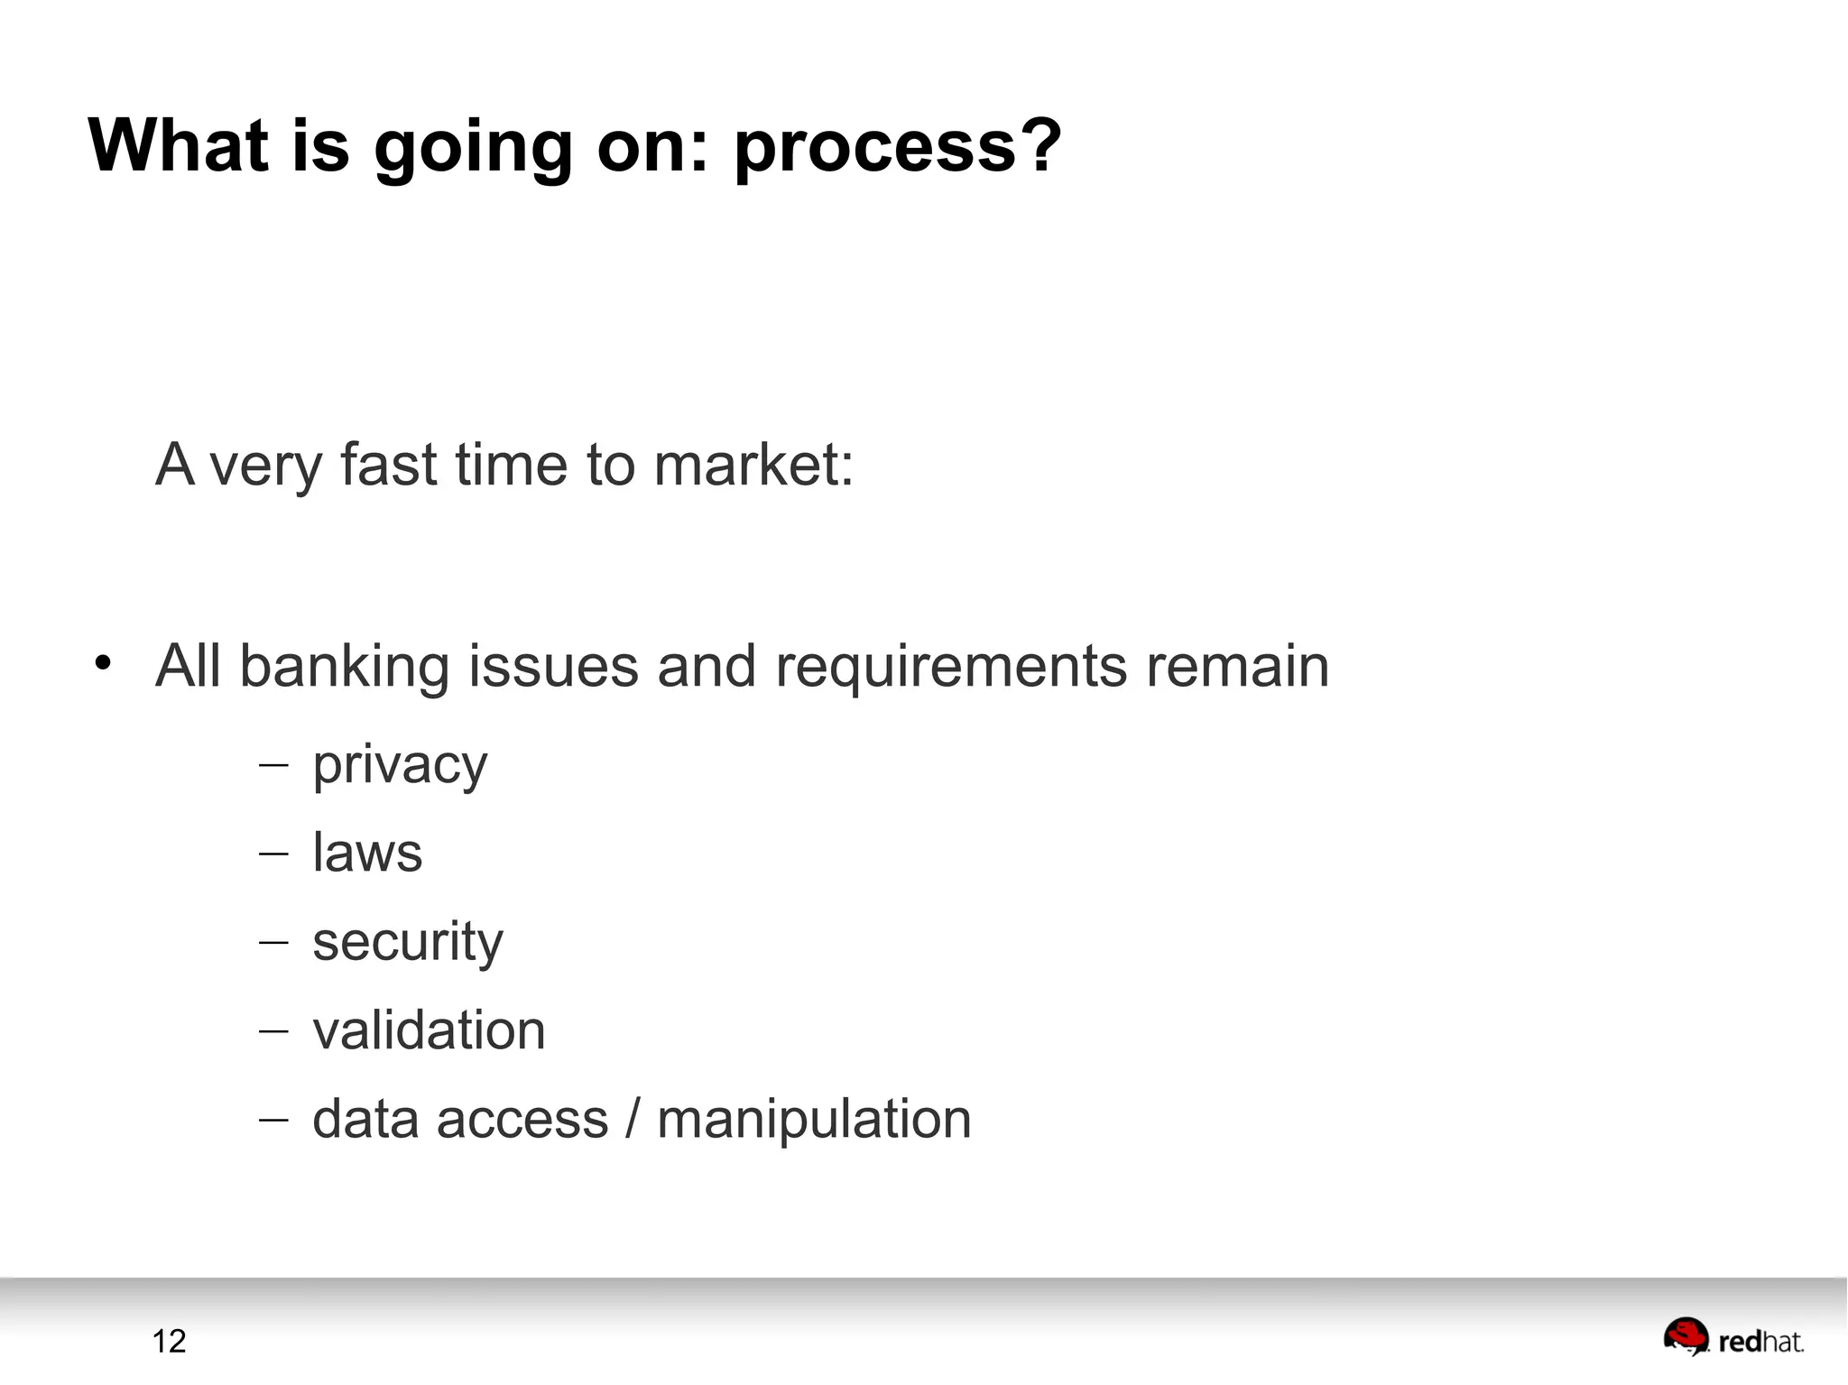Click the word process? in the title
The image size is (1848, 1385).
(x=897, y=147)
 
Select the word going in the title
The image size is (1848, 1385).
(x=473, y=147)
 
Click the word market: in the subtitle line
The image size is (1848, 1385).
(x=753, y=465)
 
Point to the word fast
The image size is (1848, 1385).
(x=388, y=465)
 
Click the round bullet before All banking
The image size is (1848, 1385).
(x=103, y=663)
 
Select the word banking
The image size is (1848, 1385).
(x=344, y=667)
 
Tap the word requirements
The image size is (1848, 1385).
(x=951, y=669)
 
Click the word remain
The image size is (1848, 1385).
(x=1237, y=667)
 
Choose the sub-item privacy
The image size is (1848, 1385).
(x=400, y=767)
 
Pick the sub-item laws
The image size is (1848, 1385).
(x=367, y=853)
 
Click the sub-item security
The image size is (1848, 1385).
(x=407, y=943)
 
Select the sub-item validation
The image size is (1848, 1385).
(x=429, y=1030)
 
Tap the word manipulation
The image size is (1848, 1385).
(x=814, y=1120)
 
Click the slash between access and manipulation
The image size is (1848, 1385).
(x=633, y=1119)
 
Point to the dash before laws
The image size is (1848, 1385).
(x=273, y=854)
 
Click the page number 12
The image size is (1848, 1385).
(x=169, y=1341)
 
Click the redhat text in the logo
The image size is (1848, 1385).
(x=1760, y=1343)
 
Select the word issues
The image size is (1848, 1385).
(x=553, y=667)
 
